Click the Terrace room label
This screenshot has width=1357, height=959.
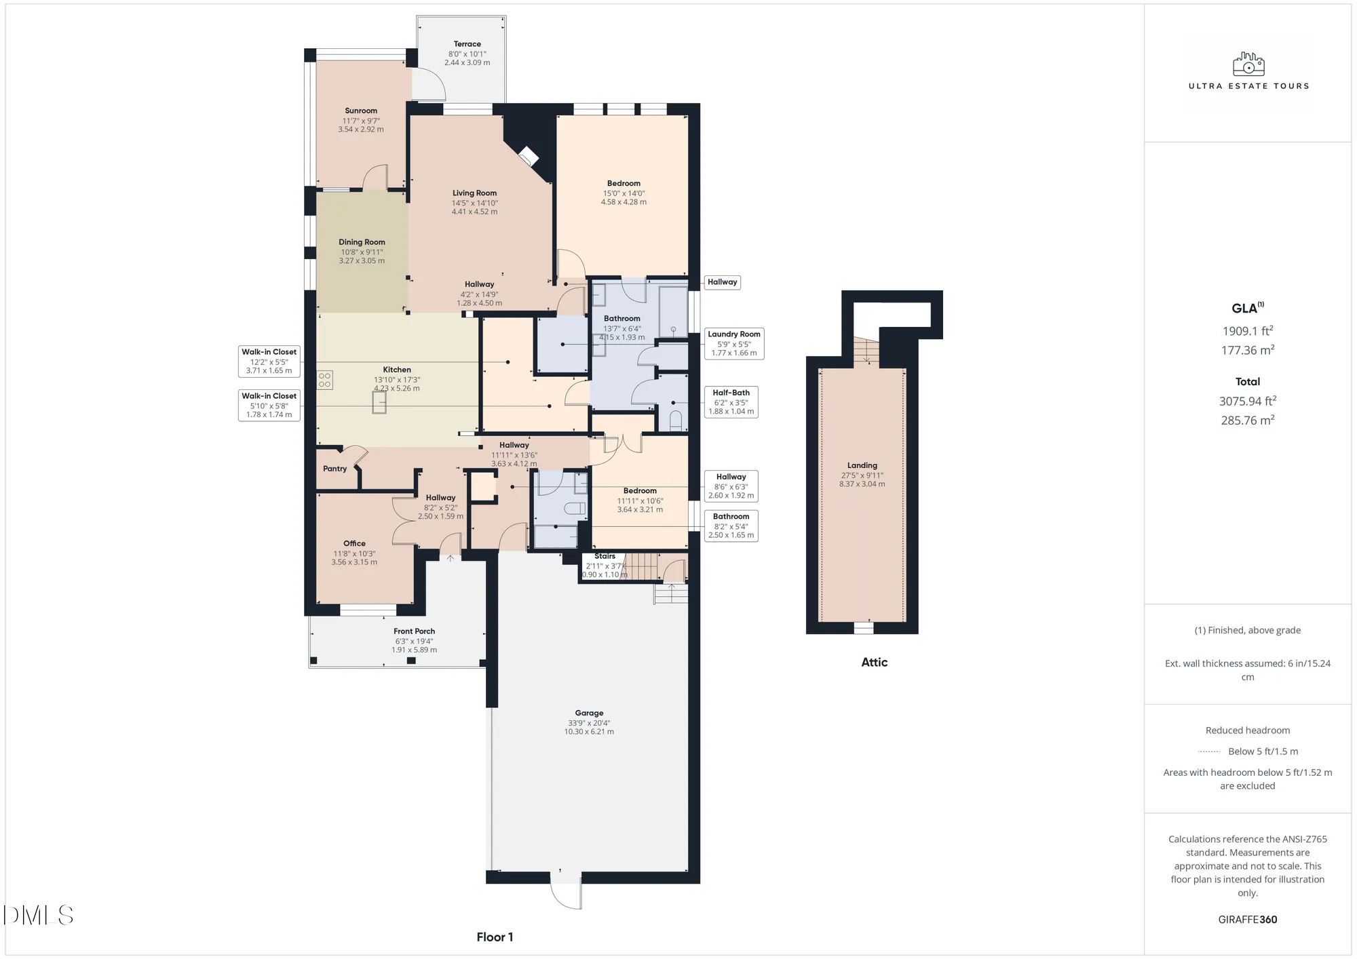(467, 44)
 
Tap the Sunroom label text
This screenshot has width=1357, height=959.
(361, 111)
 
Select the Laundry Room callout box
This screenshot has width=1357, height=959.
(733, 343)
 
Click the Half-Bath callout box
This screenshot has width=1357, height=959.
(731, 402)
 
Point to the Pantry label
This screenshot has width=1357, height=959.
(335, 469)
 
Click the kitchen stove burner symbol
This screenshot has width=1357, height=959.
(325, 379)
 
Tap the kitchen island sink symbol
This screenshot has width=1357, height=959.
(379, 403)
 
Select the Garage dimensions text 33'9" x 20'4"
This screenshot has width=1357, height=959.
(589, 723)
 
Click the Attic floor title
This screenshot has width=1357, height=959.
(874, 663)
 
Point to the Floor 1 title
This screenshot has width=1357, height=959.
(495, 937)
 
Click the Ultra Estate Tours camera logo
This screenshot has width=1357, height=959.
(1248, 64)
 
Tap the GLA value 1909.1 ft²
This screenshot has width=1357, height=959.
(1247, 331)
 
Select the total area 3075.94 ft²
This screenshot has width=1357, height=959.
(1247, 401)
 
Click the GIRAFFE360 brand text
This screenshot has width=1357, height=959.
(1247, 920)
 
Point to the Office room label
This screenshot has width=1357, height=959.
(354, 543)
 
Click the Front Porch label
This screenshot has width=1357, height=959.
(414, 631)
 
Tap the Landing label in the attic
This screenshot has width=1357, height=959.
(862, 465)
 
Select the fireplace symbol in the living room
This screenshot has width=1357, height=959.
(528, 157)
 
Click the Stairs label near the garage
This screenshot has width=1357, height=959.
(605, 556)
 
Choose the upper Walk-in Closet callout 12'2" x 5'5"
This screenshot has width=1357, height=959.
(269, 361)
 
